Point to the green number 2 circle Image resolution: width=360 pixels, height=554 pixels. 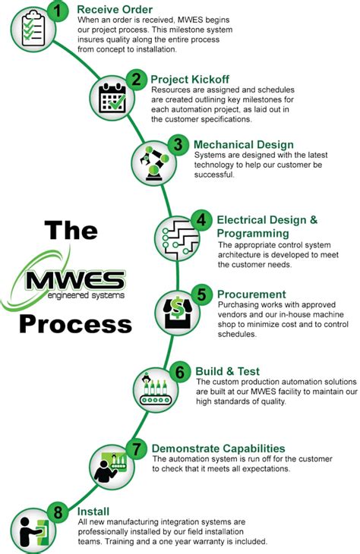(137, 78)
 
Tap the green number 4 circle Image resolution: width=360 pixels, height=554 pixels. (201, 219)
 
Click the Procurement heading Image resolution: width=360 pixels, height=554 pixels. (251, 294)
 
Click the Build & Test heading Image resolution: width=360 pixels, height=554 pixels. (227, 372)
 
